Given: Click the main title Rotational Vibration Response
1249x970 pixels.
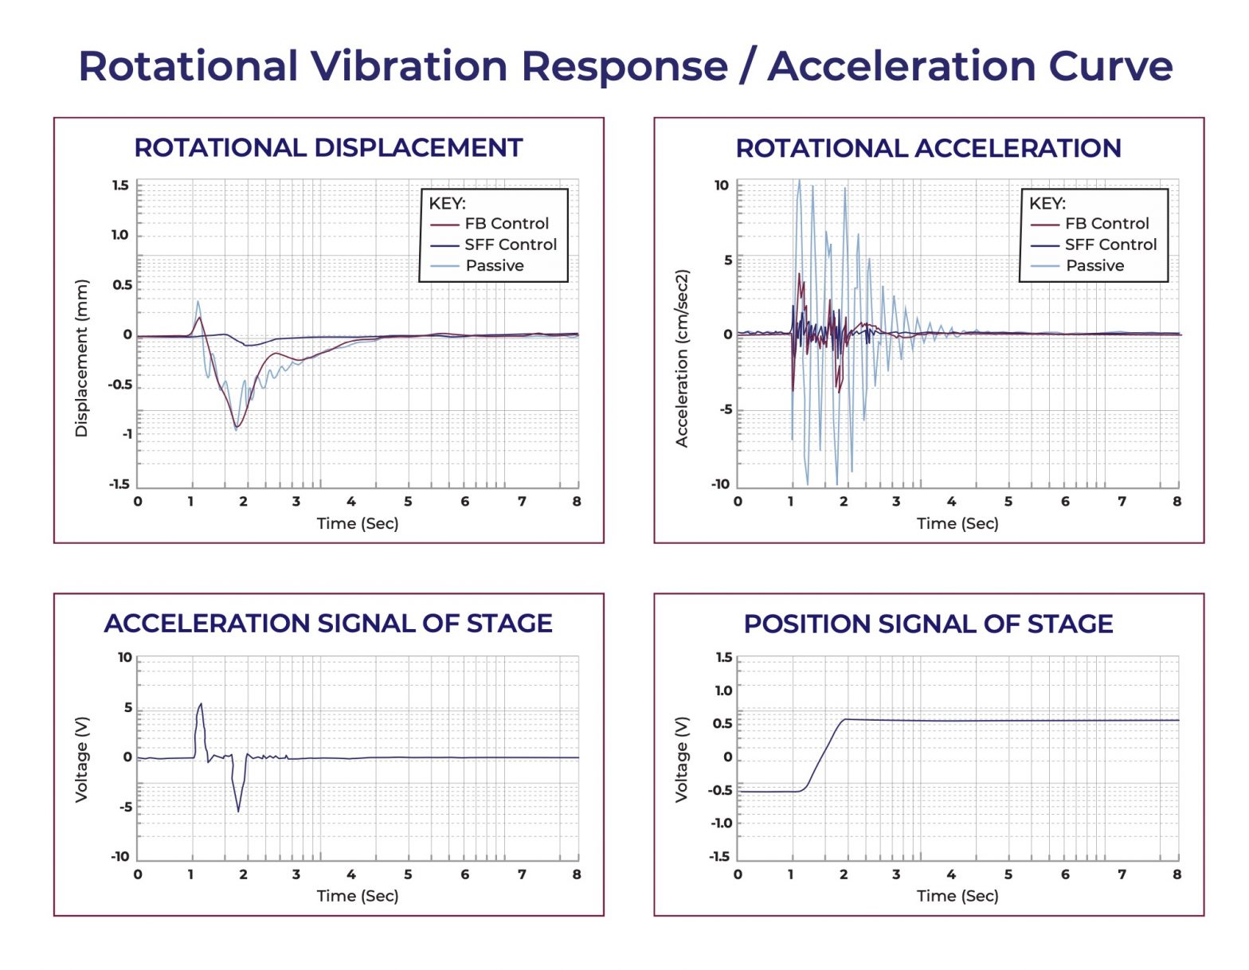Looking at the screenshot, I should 624,65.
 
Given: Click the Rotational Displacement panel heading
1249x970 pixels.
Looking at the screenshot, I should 328,148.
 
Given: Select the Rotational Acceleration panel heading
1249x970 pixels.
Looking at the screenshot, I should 928,148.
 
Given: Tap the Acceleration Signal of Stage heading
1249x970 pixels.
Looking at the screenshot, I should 328,623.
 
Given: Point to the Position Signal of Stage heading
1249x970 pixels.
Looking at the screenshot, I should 928,624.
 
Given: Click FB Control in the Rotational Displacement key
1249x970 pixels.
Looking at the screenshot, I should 507,224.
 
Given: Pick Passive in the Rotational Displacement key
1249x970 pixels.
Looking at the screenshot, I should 495,266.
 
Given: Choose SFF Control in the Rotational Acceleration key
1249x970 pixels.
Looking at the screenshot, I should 1110,244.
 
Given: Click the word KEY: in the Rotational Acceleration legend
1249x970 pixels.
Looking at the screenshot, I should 1047,203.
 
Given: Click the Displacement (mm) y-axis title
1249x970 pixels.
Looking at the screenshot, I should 81,358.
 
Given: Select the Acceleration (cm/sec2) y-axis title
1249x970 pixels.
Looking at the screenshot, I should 681,358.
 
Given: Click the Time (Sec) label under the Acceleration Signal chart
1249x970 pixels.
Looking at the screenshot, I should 358,896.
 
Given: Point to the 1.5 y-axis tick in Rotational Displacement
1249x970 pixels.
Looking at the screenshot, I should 120,186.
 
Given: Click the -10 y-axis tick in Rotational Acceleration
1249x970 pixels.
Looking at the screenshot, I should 720,484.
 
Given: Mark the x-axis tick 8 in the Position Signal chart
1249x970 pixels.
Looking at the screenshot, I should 1177,874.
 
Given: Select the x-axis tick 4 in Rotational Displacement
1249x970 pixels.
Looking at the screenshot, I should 350,502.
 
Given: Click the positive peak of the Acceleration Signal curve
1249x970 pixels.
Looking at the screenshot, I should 201,704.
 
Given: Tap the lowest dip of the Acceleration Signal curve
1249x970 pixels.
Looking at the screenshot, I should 238,812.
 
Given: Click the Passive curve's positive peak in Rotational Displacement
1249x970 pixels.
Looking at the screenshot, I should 198,301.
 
